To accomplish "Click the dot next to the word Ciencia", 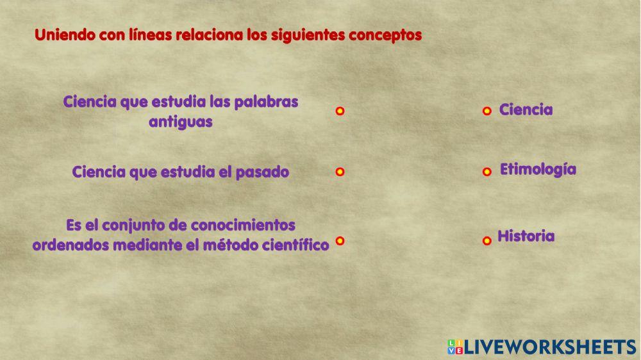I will pyautogui.click(x=487, y=111).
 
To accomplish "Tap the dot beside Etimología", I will pyautogui.click(x=487, y=172).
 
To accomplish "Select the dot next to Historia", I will pyautogui.click(x=487, y=240).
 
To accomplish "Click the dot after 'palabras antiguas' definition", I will pyautogui.click(x=340, y=111).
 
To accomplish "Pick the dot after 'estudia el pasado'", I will pyautogui.click(x=340, y=172).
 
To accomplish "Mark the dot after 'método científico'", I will pyautogui.click(x=340, y=241).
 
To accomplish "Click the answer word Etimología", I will pyautogui.click(x=538, y=170).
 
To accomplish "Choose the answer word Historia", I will pyautogui.click(x=526, y=236).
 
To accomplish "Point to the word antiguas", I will pyautogui.click(x=180, y=122).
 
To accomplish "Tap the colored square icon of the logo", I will pyautogui.click(x=454, y=347).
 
